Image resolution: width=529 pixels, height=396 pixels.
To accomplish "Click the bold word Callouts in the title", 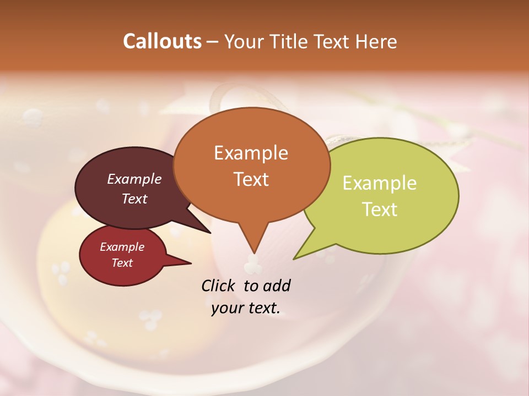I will [x=162, y=41].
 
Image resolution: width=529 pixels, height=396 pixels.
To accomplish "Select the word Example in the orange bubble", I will [x=251, y=153].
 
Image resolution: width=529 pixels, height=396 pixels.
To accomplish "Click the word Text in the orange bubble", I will [x=251, y=179].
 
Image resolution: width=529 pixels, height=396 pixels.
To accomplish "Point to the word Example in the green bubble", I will [x=380, y=183].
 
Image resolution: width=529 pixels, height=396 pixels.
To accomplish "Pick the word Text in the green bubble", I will [x=380, y=209].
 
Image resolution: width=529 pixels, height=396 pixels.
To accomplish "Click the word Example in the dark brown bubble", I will [x=134, y=179].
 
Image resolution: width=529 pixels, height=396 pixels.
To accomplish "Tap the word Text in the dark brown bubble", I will [x=134, y=199].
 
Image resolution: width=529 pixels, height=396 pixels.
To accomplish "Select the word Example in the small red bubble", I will [x=122, y=247].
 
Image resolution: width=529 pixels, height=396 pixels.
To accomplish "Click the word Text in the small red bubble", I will [x=122, y=263].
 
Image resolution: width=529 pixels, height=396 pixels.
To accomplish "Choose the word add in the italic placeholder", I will [x=277, y=285].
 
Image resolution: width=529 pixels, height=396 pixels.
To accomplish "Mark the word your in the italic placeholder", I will [x=226, y=308].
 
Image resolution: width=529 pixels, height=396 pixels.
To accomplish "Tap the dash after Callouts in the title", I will [x=213, y=41].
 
